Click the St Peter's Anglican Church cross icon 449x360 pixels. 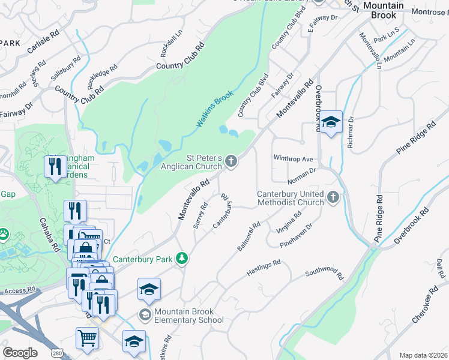[231, 161]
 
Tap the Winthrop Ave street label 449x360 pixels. [294, 159]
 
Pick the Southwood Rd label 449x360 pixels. [324, 274]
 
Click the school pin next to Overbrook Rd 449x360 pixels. [330, 122]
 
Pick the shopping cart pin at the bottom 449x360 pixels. [87, 338]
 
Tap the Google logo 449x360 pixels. [20, 353]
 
